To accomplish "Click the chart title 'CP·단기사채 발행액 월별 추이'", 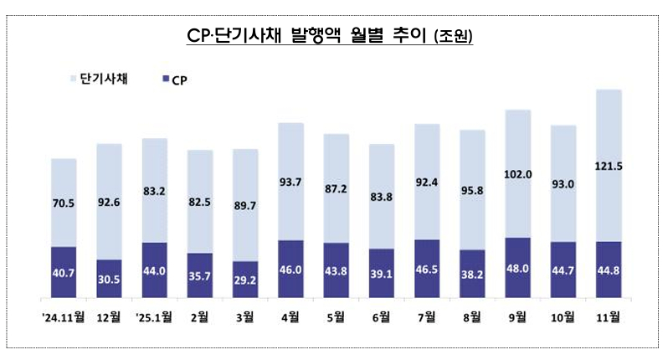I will click(x=329, y=36).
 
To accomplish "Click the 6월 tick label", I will click(x=380, y=316).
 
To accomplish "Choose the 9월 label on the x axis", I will click(x=516, y=316).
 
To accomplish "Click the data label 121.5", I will click(x=609, y=166).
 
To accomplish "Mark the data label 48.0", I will click(x=517, y=270).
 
